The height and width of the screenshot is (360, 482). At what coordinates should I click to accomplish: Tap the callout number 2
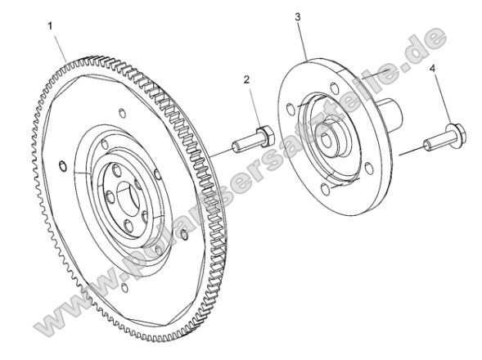click(x=246, y=79)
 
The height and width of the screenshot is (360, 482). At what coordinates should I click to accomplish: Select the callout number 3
click(x=298, y=16)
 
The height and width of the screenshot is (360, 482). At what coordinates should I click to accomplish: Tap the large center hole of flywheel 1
click(x=128, y=201)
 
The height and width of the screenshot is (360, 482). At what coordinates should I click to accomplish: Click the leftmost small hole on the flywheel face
click(x=63, y=168)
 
